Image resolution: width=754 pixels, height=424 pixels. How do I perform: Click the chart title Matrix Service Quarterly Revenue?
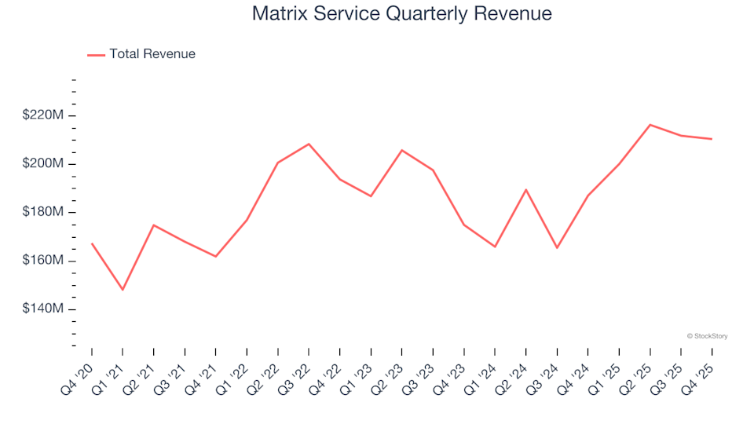click(401, 14)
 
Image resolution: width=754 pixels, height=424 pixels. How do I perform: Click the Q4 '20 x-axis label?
click(79, 374)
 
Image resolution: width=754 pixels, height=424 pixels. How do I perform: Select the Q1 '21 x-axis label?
click(110, 374)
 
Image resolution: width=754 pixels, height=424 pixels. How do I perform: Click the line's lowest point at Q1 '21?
click(123, 290)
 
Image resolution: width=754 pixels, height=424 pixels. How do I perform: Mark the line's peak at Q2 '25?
click(650, 125)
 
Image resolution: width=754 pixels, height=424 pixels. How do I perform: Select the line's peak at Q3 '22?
click(309, 144)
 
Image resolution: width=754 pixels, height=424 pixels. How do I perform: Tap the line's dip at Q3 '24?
click(557, 248)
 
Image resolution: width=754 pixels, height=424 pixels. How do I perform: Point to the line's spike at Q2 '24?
click(526, 189)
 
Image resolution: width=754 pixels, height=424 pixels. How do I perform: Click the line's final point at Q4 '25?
click(712, 139)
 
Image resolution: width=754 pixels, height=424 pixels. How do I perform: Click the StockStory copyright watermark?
click(707, 336)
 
